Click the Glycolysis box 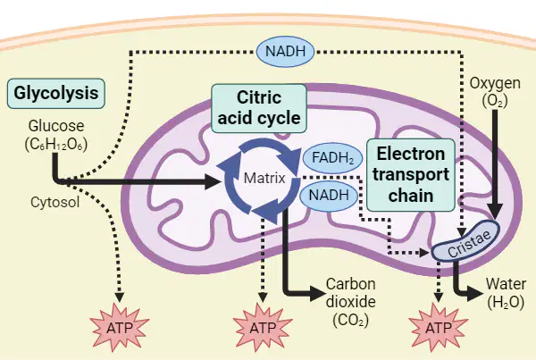point(56,94)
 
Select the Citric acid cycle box point(259,108)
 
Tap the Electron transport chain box point(411,175)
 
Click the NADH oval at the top point(285,51)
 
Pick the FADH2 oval point(332,158)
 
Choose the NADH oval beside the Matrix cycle point(329,196)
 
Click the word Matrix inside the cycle point(264,178)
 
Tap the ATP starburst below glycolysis point(120,327)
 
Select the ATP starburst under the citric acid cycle point(263,327)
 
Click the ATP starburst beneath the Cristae point(439,327)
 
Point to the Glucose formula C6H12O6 point(56,145)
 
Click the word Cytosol point(55,202)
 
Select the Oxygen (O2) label point(495,92)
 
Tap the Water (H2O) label point(506,293)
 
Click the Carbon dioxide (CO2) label point(351,302)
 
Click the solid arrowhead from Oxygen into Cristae point(495,211)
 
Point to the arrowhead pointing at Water point(476,292)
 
